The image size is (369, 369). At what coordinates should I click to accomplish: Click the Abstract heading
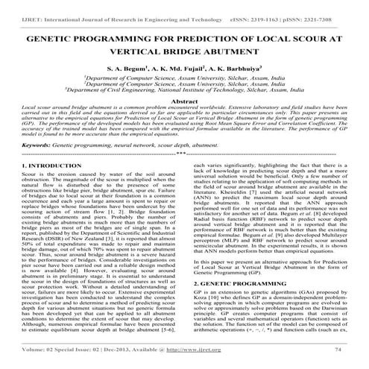tap(184, 121)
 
